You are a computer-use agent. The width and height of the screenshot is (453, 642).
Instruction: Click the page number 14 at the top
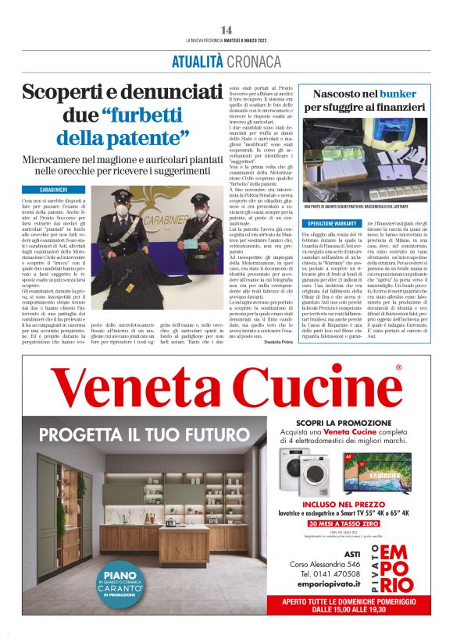click(226, 30)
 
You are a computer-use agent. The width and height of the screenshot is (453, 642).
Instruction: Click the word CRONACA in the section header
click(254, 61)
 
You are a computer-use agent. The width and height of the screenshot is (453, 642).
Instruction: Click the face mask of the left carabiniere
click(122, 211)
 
